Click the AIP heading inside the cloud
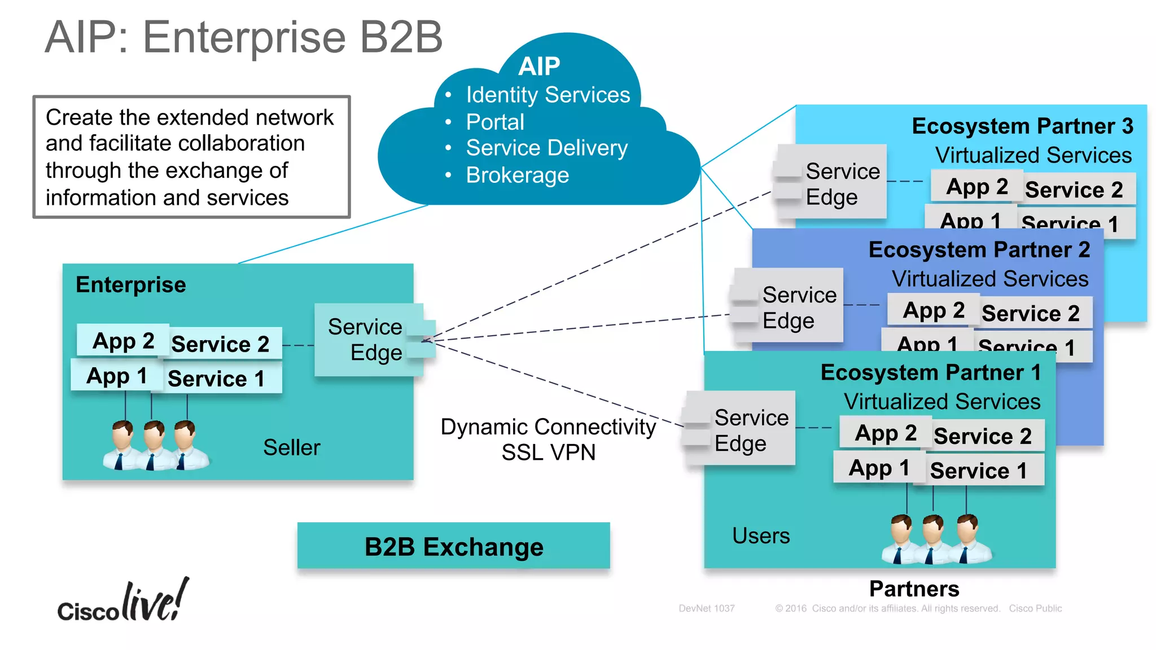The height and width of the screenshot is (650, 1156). (539, 67)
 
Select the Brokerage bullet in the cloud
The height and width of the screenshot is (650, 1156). (517, 175)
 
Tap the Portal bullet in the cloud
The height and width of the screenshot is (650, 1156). (495, 122)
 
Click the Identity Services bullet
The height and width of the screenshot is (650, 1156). (548, 95)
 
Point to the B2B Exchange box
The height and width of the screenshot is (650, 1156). (453, 546)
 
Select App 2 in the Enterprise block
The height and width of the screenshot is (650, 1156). (123, 341)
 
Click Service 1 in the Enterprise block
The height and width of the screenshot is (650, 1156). (216, 378)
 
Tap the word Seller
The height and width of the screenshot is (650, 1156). (291, 447)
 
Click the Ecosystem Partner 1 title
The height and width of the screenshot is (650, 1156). (930, 373)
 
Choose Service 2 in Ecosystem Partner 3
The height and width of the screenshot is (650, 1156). (1074, 190)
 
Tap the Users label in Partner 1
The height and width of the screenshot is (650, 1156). (761, 535)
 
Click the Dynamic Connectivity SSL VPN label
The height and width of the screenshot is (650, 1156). (548, 440)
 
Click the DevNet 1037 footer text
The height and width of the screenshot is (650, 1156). (706, 608)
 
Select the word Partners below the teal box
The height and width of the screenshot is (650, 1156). (914, 588)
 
